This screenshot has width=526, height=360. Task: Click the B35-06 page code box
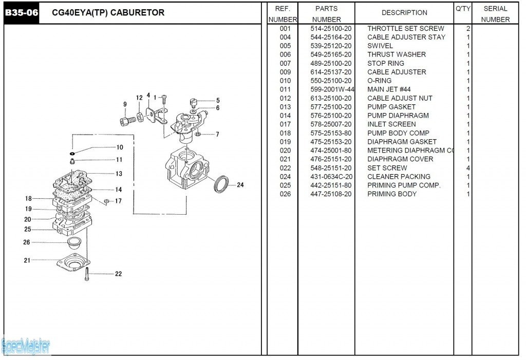(x=22, y=13)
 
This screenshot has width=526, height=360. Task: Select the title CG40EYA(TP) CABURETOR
(x=108, y=13)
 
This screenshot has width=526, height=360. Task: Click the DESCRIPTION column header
(x=404, y=13)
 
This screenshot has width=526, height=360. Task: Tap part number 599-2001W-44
(x=332, y=89)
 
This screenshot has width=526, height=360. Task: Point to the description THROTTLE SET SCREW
(x=405, y=29)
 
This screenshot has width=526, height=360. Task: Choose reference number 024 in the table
(x=285, y=177)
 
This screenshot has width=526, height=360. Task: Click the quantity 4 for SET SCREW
(x=468, y=168)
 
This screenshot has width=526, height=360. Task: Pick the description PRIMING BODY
(x=391, y=194)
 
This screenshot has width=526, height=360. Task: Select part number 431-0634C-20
(x=331, y=177)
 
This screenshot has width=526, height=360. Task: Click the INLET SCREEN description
(x=391, y=124)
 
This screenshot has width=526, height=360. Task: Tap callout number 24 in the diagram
(x=240, y=185)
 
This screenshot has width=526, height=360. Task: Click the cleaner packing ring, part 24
(x=221, y=184)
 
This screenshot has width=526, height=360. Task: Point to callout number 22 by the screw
(x=118, y=274)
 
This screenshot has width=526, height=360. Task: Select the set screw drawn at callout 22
(x=88, y=274)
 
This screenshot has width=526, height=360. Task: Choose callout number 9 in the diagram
(x=125, y=104)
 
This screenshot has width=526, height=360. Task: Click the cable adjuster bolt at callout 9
(x=126, y=121)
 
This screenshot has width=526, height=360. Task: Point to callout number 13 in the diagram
(x=119, y=174)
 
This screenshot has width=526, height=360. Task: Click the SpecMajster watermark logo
(x=26, y=347)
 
